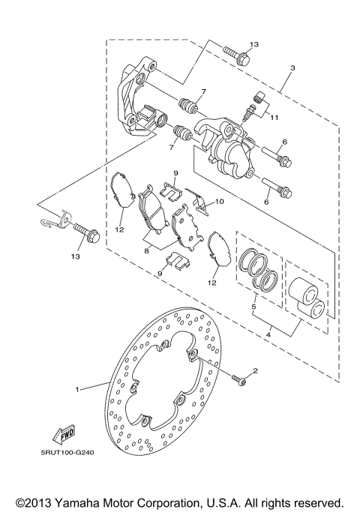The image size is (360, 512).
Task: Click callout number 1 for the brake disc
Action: (76, 389)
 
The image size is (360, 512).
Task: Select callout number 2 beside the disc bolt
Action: (254, 371)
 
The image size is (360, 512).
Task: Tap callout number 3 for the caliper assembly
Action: (292, 68)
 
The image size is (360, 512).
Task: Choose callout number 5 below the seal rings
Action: (254, 307)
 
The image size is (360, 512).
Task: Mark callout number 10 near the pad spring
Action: (220, 201)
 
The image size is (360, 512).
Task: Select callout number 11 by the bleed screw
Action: (274, 118)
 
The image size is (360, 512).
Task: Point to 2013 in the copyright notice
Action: (44, 502)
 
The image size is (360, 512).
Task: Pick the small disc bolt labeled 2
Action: (239, 381)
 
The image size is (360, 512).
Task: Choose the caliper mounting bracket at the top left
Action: (138, 101)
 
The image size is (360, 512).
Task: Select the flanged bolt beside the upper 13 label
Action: (233, 55)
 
